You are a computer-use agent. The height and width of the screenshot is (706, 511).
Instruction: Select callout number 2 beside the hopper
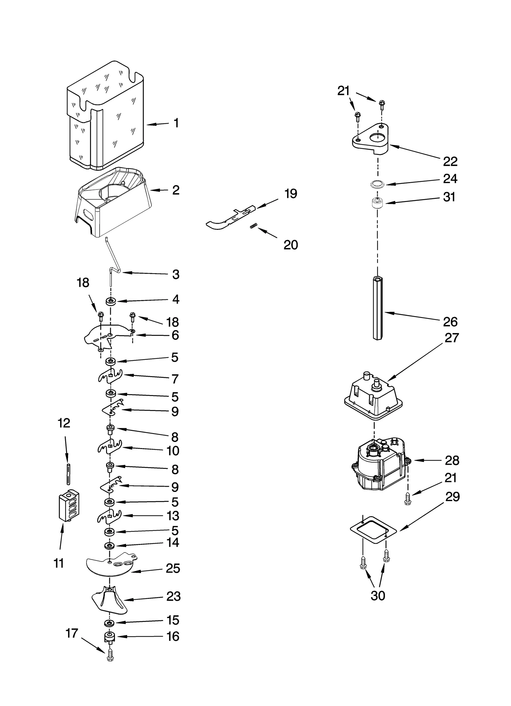pos(176,190)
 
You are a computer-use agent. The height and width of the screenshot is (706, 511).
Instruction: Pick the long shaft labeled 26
pos(378,308)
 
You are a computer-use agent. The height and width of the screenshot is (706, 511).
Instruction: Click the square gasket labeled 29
pos(373,530)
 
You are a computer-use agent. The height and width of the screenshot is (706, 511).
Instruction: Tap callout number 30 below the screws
pos(378,595)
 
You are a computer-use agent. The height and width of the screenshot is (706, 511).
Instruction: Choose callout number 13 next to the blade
pos(173,516)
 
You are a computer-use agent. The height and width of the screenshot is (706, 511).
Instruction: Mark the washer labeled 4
pos(111,301)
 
